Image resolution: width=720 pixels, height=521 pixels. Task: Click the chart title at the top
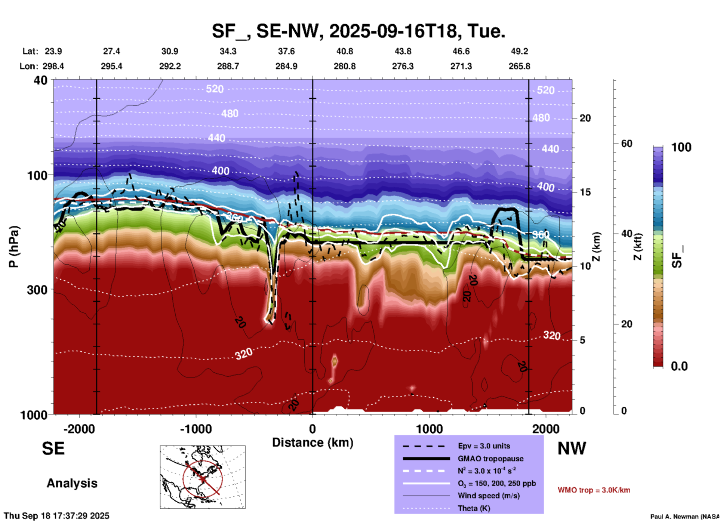[x=358, y=31]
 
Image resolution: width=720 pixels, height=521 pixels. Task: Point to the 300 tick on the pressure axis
[x=37, y=290]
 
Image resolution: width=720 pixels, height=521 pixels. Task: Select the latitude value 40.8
[x=344, y=51]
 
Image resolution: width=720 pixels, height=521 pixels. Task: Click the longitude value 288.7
[x=228, y=66]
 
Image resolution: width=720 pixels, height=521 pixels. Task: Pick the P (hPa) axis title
[x=14, y=247]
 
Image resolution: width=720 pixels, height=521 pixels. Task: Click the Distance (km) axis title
[x=313, y=443]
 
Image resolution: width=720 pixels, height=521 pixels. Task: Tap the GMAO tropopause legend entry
[x=490, y=459]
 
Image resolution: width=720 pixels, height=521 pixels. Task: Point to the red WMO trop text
[x=594, y=490]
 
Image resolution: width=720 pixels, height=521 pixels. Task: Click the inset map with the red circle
[x=203, y=477]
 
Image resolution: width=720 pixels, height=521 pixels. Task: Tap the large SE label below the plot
[x=53, y=448]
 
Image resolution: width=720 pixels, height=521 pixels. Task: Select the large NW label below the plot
[x=572, y=448]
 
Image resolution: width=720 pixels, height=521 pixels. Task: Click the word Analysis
[x=72, y=483]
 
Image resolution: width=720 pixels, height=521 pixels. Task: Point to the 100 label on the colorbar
[x=681, y=147]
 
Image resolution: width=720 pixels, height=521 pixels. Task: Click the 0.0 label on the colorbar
[x=679, y=366]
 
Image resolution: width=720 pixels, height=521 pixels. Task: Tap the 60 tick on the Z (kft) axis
[x=627, y=144]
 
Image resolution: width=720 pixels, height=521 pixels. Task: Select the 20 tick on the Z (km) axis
[x=585, y=118]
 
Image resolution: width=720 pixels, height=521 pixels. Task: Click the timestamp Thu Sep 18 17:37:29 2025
[x=56, y=516]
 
